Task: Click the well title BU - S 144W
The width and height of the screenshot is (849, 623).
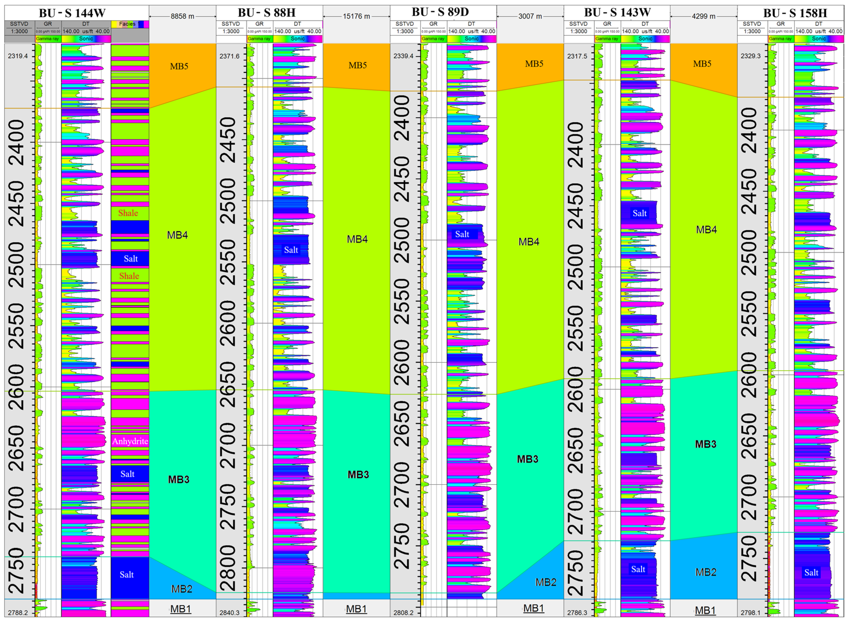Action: (x=72, y=13)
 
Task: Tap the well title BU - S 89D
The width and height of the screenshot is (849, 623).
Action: (x=440, y=12)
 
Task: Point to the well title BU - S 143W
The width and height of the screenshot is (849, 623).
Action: (x=617, y=12)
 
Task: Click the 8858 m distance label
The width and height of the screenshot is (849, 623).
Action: (x=183, y=16)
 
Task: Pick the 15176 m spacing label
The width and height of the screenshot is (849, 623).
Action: (x=356, y=16)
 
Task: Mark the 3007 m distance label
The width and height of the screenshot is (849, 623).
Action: (x=530, y=16)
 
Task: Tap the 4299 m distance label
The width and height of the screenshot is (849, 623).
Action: (x=703, y=16)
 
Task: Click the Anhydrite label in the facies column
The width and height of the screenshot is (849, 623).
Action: (x=130, y=441)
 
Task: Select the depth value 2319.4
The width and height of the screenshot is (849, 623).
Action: (x=18, y=56)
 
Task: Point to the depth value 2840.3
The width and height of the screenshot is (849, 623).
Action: (x=230, y=613)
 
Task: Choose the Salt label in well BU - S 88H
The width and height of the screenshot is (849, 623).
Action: (x=291, y=250)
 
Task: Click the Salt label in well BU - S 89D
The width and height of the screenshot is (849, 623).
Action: (x=462, y=234)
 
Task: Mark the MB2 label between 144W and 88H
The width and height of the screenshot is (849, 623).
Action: (x=182, y=589)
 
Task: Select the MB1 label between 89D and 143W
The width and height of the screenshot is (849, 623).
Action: (x=534, y=608)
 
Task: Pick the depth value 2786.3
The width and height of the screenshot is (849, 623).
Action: (x=577, y=613)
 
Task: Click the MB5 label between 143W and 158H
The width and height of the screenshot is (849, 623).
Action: (x=702, y=64)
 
